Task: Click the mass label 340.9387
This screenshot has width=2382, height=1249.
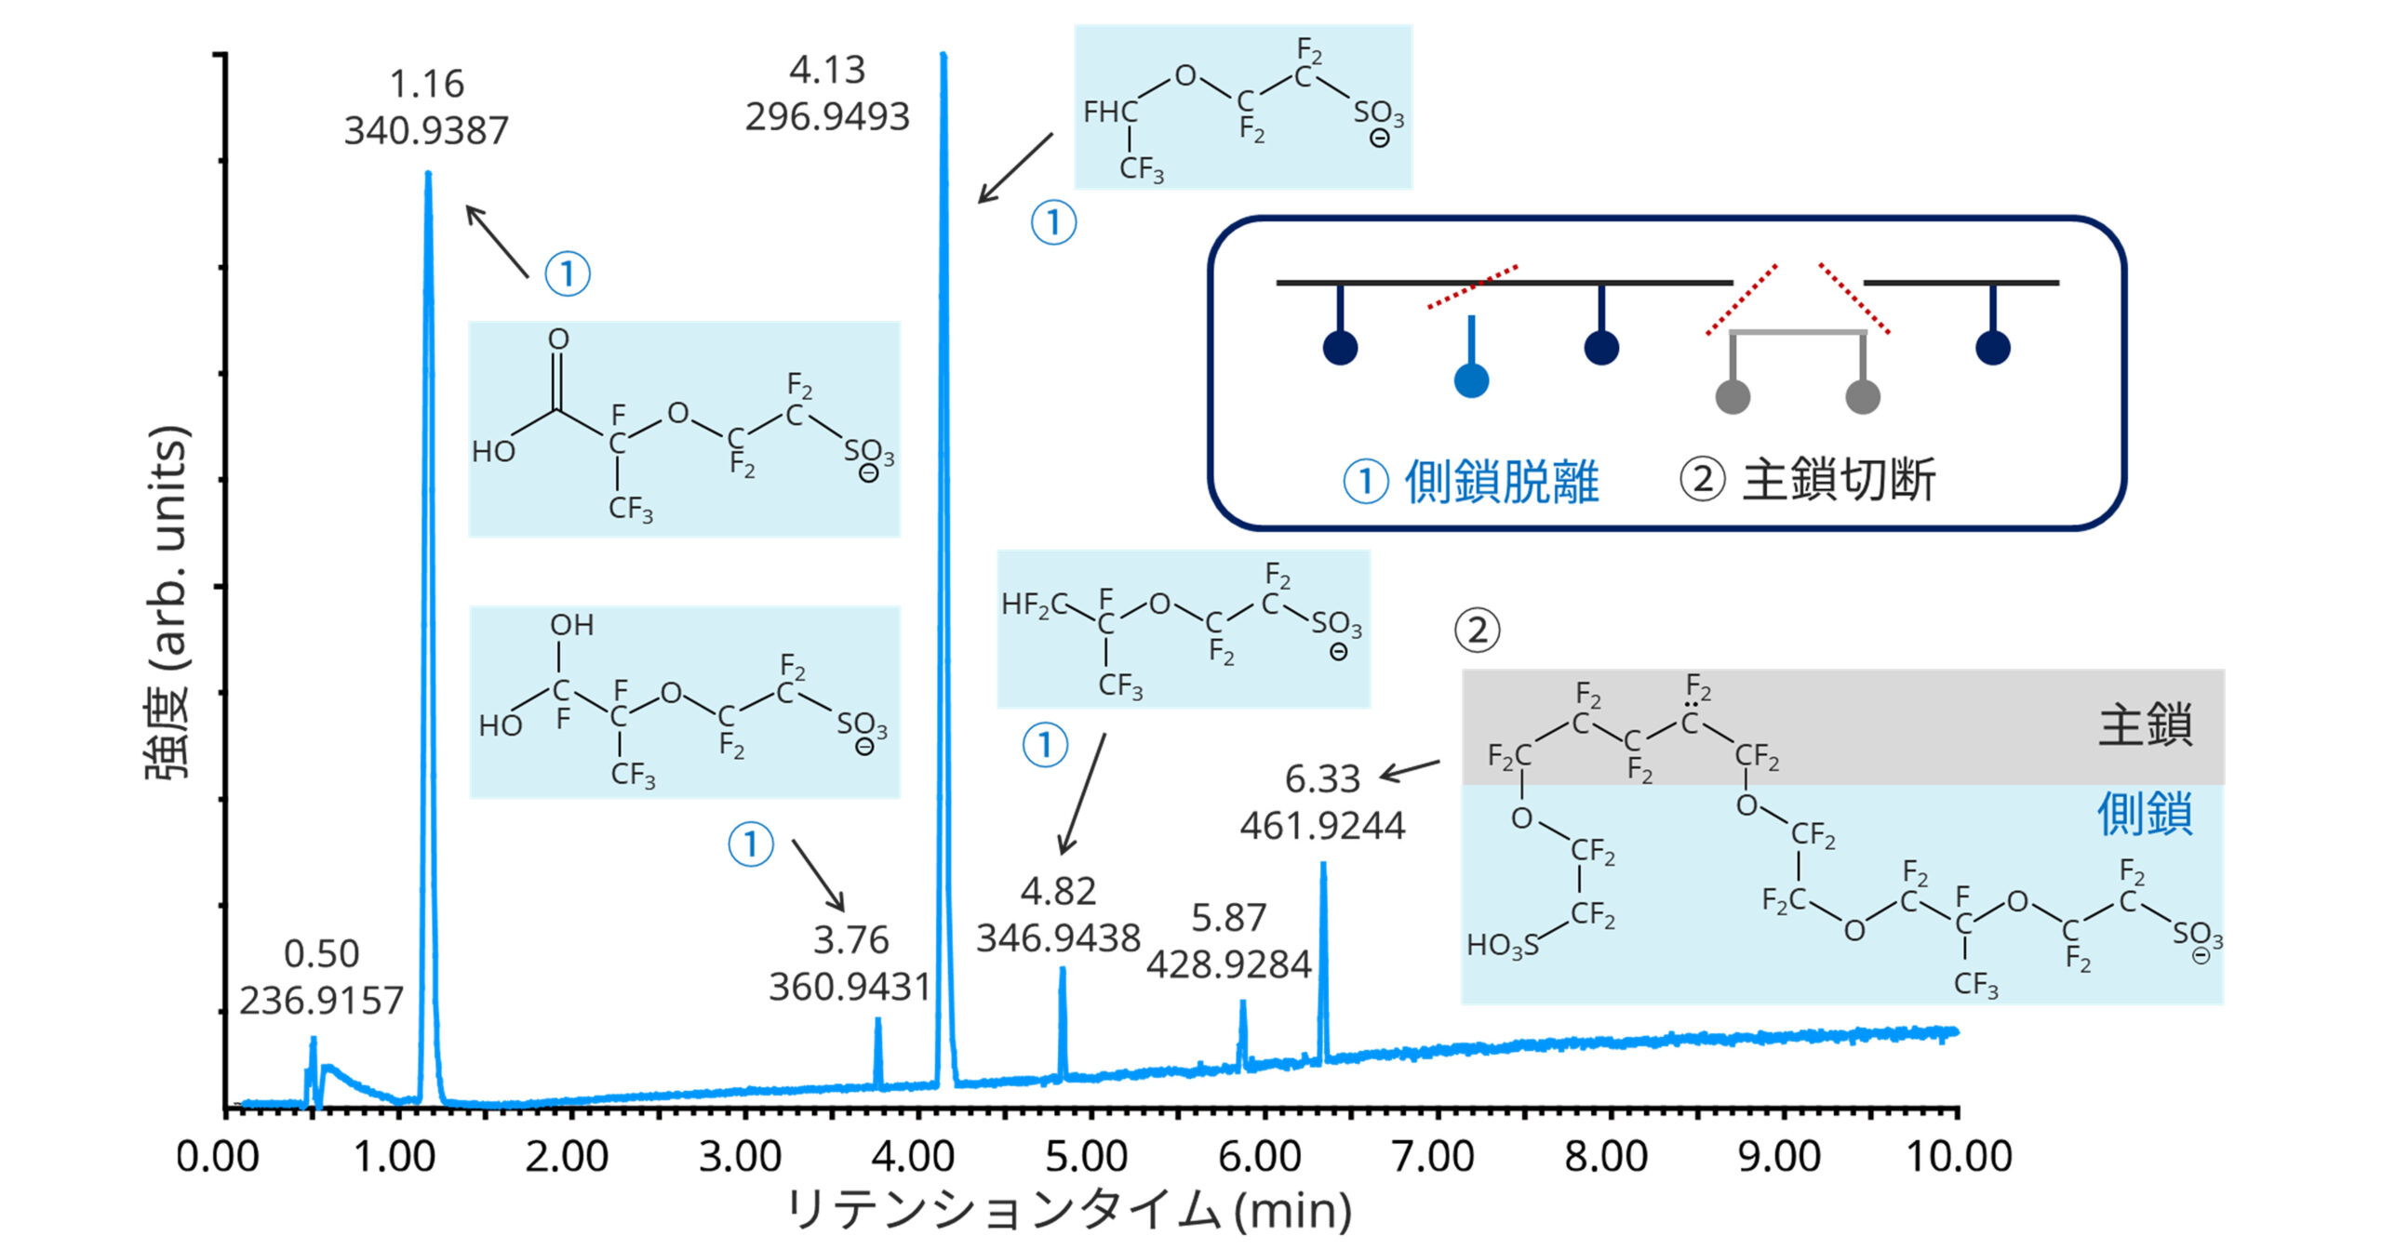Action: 426,131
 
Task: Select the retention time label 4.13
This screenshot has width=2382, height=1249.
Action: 827,70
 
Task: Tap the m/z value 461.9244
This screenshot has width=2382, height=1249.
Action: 1322,826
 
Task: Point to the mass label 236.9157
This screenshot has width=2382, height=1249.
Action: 321,1001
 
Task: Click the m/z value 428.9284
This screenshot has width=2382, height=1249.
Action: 1228,964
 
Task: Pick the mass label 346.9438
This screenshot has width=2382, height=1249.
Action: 1058,937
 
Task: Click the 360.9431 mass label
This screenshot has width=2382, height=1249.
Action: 850,987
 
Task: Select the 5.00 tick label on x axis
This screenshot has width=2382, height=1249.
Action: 1086,1157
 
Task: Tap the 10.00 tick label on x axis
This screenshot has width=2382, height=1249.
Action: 1959,1157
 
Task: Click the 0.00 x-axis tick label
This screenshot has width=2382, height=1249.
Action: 218,1157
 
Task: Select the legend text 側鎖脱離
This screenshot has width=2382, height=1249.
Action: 1501,482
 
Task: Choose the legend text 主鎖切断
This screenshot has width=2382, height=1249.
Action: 1839,480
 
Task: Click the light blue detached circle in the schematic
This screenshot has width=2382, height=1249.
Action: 1471,380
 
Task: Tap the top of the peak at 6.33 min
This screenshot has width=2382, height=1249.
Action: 1323,865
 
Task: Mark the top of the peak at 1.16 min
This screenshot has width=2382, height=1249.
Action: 428,174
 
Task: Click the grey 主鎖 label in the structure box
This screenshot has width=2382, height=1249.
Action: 2146,725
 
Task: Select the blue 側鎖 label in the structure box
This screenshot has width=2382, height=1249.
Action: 2144,815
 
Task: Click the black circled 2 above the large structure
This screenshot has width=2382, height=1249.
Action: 1477,631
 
